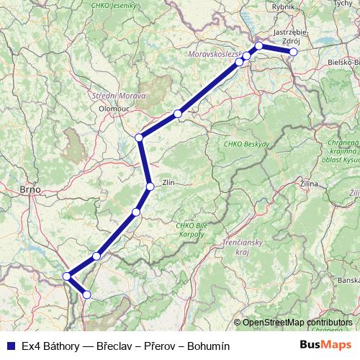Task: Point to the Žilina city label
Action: pyautogui.click(x=308, y=185)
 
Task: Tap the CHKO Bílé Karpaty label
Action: pyautogui.click(x=191, y=230)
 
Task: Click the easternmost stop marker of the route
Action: pyautogui.click(x=293, y=52)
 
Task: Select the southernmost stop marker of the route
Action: pyautogui.click(x=87, y=294)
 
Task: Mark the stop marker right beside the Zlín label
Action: pyautogui.click(x=150, y=186)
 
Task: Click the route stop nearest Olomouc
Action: pyautogui.click(x=139, y=138)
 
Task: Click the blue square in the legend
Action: pyautogui.click(x=11, y=346)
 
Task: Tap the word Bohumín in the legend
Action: pyautogui.click(x=207, y=346)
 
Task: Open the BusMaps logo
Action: pyautogui.click(x=325, y=345)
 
